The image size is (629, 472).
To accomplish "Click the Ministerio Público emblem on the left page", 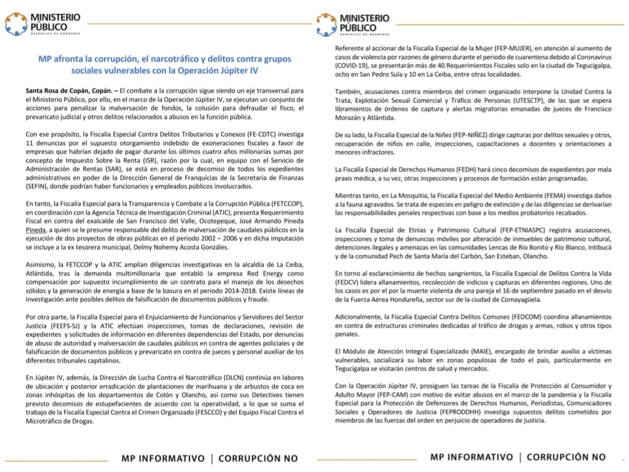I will tap(16, 24).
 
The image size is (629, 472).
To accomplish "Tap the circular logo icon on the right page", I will tap(326, 25).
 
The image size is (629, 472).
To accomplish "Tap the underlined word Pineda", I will tap(36, 230).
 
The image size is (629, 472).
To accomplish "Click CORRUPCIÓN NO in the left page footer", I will tap(258, 458).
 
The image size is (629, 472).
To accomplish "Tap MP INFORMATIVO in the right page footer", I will tap(471, 457).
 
